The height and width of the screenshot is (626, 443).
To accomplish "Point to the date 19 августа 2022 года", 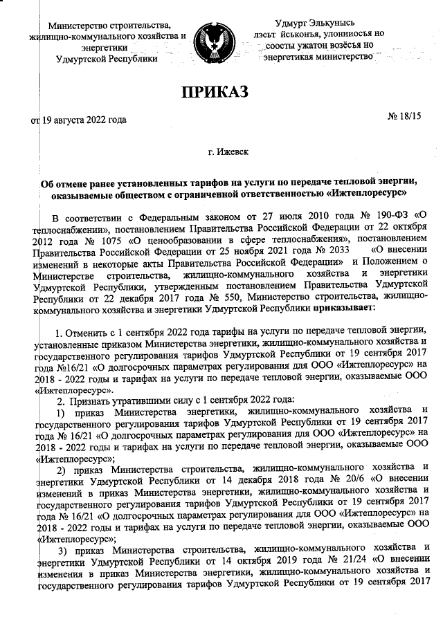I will pos(84,120).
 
